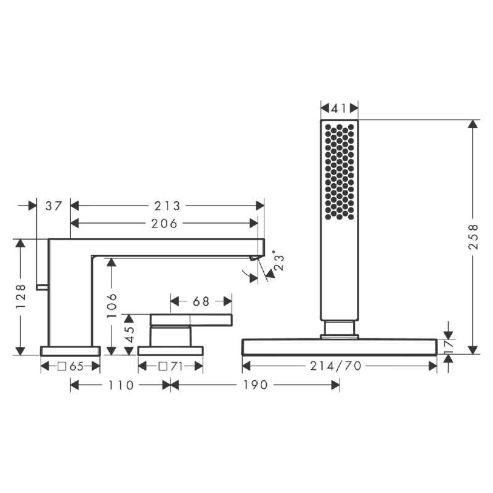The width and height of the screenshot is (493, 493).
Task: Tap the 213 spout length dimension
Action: (x=167, y=206)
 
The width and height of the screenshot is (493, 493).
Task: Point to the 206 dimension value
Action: (x=165, y=223)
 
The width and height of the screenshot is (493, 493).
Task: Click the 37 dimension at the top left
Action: (x=54, y=206)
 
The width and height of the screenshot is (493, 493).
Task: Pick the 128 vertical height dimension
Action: (x=21, y=296)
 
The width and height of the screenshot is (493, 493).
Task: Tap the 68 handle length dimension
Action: (x=201, y=301)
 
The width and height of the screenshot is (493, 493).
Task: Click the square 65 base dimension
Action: (x=70, y=366)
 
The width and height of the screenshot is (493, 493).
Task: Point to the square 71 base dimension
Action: (x=171, y=366)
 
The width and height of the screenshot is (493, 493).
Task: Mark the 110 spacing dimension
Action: (x=121, y=385)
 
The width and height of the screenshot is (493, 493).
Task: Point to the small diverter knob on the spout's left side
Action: (x=42, y=287)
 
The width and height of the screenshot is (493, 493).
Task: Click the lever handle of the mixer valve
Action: (x=192, y=319)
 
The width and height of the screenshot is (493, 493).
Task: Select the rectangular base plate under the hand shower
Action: (x=340, y=347)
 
